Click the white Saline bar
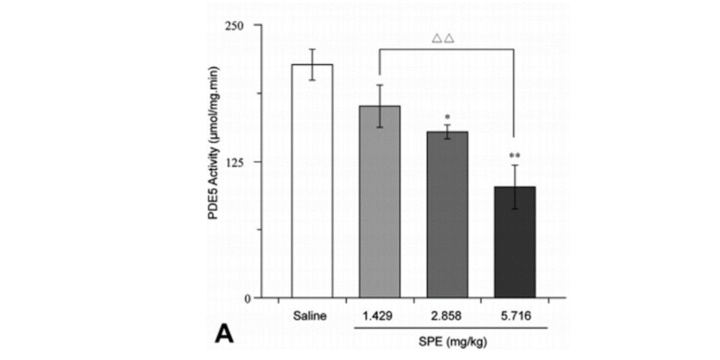[311, 180]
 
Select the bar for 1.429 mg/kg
[379, 201]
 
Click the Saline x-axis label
[311, 315]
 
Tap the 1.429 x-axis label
[379, 315]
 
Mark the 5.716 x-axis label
[515, 315]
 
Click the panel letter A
[224, 334]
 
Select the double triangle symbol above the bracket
[443, 39]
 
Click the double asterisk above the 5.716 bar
[515, 156]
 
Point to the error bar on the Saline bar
[312, 64]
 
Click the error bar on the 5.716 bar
[515, 187]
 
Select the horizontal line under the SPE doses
[453, 328]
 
